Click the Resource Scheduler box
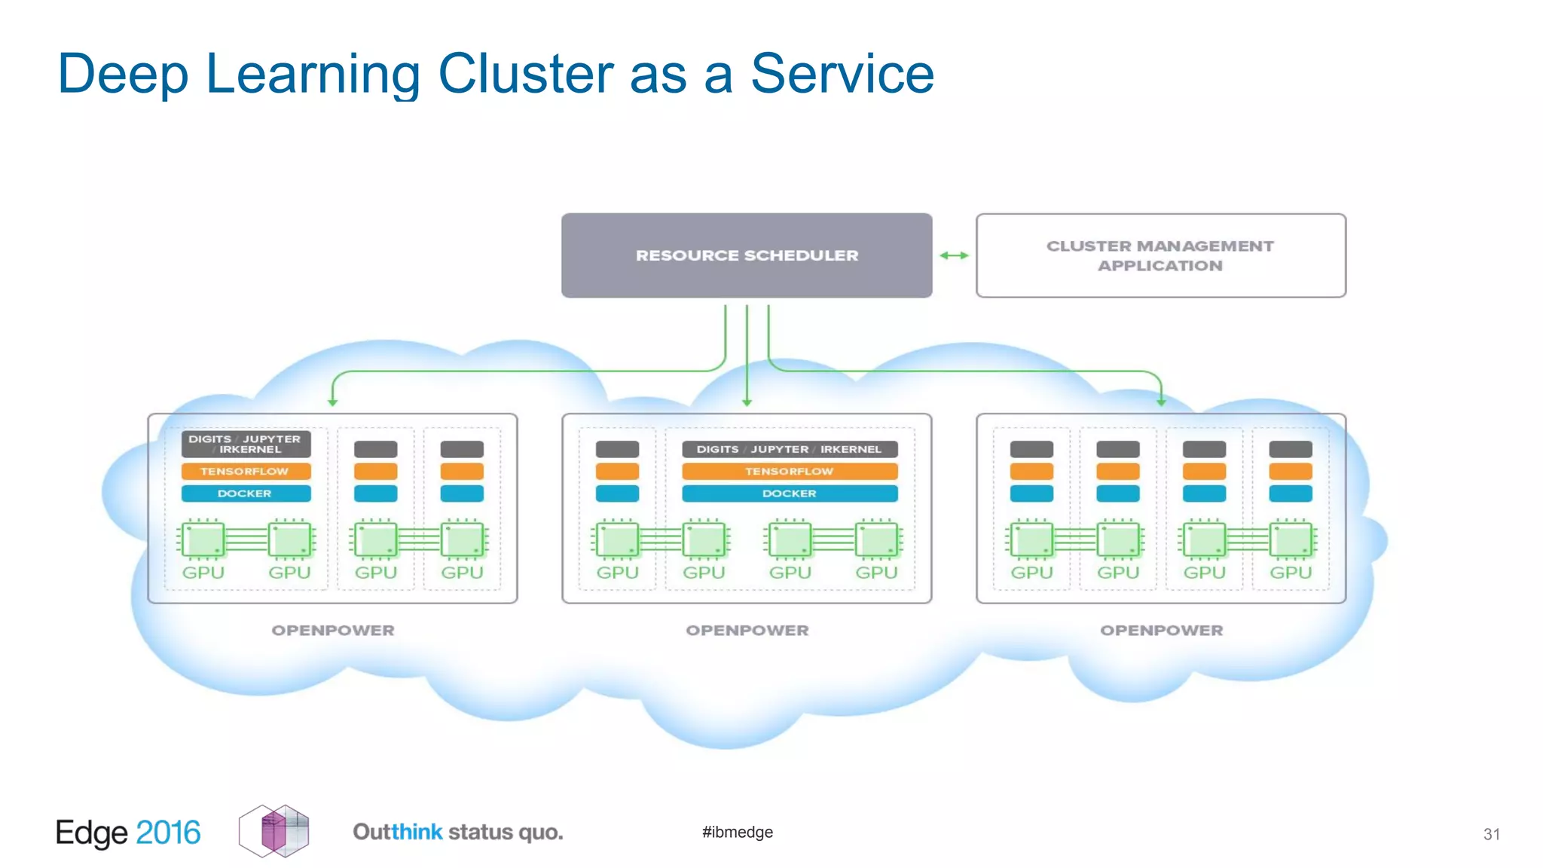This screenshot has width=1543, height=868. point(746,255)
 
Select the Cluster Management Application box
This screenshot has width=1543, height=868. point(1160,255)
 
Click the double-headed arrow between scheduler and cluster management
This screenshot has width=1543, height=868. point(954,255)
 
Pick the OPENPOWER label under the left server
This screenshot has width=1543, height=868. point(332,630)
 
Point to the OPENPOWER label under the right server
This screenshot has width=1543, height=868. point(1161,630)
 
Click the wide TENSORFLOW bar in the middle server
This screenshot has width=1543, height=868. point(789,471)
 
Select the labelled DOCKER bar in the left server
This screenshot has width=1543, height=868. point(246,494)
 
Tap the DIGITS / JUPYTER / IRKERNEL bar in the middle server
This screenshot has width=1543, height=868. point(789,449)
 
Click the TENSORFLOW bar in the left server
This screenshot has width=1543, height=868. point(246,471)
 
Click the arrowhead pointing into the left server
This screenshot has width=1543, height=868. point(332,402)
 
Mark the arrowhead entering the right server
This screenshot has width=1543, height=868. point(1161,402)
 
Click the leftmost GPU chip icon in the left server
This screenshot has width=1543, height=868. point(203,540)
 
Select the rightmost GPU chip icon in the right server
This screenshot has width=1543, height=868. point(1291,540)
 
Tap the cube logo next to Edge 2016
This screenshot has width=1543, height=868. point(274,831)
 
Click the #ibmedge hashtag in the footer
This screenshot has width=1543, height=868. point(737,832)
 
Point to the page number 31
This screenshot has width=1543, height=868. point(1491,834)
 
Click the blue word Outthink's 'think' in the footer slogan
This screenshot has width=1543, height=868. point(417,832)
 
